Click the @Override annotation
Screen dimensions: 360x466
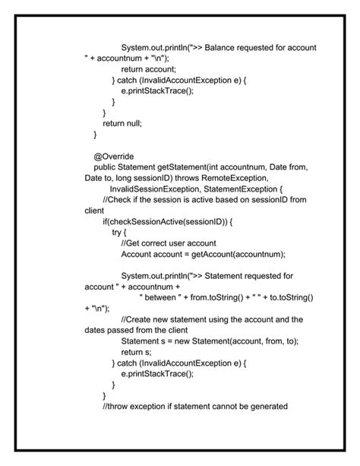[x=114, y=156]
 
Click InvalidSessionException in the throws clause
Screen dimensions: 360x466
[x=156, y=189]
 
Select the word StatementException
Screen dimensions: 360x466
[x=244, y=189]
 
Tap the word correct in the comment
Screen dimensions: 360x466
[x=159, y=243]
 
